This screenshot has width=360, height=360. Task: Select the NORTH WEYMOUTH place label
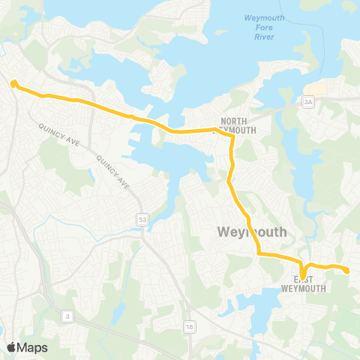click(238, 125)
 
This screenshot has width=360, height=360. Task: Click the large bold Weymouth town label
click(252, 232)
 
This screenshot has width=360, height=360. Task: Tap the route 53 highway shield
click(142, 218)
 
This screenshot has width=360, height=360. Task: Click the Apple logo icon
click(12, 347)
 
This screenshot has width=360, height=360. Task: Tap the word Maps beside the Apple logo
click(33, 347)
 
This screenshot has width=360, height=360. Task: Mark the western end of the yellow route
click(13, 83)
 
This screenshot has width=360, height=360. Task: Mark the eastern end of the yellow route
click(348, 271)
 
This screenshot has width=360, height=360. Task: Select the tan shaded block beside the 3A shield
click(317, 89)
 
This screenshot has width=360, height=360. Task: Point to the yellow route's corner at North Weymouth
click(217, 130)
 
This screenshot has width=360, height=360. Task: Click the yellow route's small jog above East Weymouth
click(303, 268)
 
